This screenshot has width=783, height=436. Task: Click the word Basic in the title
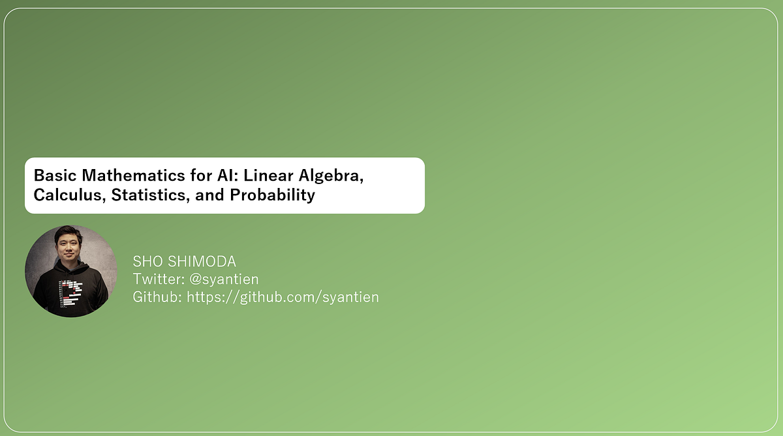[x=54, y=176]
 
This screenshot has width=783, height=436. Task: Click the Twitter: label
[x=159, y=279]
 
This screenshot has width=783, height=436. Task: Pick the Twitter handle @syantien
[x=224, y=279]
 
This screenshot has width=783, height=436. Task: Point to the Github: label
[x=157, y=297]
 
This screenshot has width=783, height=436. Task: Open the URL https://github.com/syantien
[x=283, y=297]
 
